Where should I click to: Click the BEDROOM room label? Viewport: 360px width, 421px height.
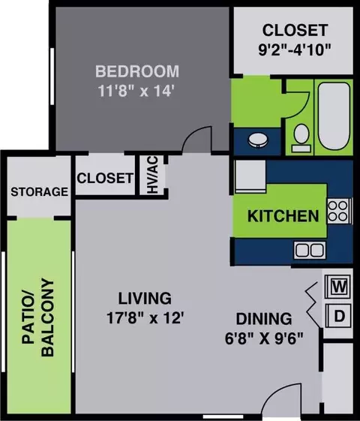coord(137,71)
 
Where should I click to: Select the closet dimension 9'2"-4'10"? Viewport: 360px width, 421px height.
coord(295,50)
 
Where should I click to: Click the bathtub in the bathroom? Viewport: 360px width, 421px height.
coord(334,117)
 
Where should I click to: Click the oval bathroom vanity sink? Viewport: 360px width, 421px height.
coord(258,140)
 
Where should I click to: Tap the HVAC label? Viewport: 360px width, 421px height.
coord(152,175)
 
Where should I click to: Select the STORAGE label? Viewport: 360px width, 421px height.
coord(40,191)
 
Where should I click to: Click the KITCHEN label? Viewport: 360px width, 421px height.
coord(283,216)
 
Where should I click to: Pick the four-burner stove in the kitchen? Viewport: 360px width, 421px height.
coord(339,211)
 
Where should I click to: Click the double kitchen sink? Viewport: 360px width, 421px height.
coord(310,250)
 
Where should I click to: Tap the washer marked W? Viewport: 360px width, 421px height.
coord(338,287)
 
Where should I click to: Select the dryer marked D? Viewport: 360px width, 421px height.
coord(338,316)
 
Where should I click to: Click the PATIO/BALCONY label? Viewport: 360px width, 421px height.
coord(37,318)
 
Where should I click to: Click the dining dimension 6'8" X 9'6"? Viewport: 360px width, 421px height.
coord(264,338)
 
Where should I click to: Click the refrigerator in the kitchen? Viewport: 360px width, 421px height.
coord(250,176)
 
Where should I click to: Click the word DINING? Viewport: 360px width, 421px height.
coord(264,319)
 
